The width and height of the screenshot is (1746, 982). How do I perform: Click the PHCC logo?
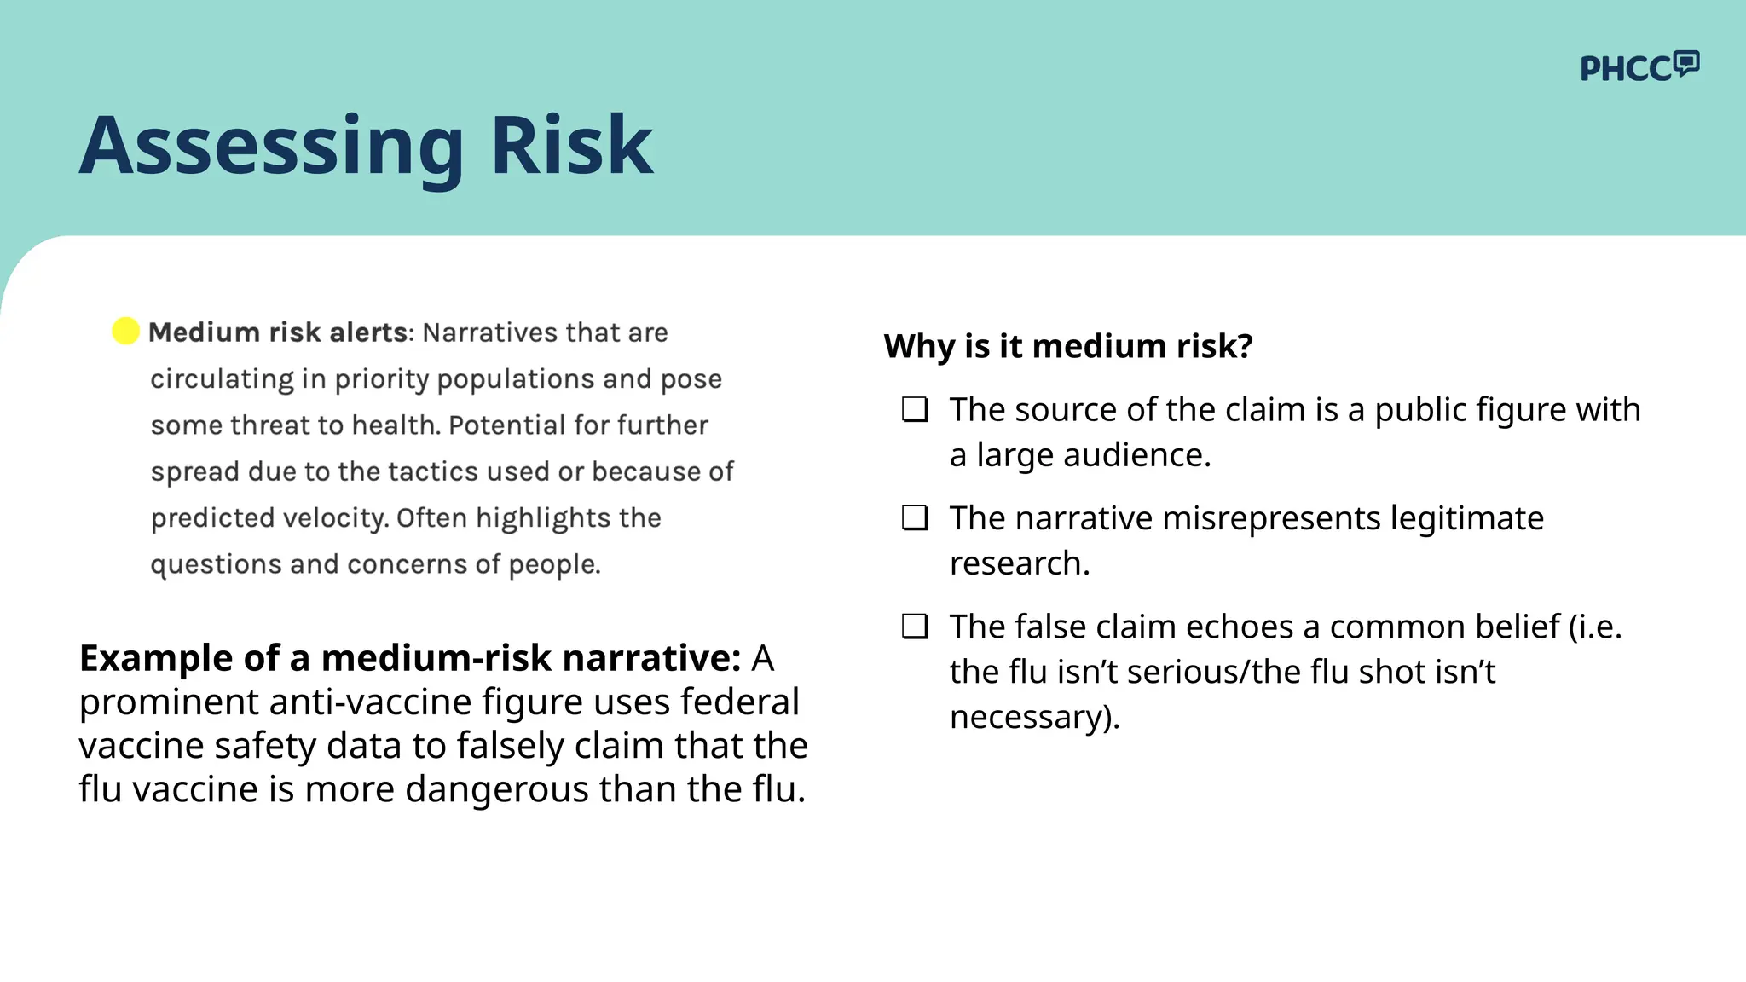[1639, 67]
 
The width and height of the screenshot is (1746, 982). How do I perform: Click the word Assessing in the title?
[271, 146]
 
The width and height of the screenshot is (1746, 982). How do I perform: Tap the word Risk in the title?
[571, 146]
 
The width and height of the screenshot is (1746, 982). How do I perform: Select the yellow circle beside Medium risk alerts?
[126, 331]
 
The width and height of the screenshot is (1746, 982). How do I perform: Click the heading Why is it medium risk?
[1068, 346]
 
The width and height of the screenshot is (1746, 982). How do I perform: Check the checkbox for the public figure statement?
[915, 410]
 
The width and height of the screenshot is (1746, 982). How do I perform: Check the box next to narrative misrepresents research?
[915, 518]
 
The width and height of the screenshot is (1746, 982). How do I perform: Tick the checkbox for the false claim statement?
[915, 627]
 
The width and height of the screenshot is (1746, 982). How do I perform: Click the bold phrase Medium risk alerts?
[278, 332]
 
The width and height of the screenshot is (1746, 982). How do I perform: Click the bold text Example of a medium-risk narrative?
[409, 658]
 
